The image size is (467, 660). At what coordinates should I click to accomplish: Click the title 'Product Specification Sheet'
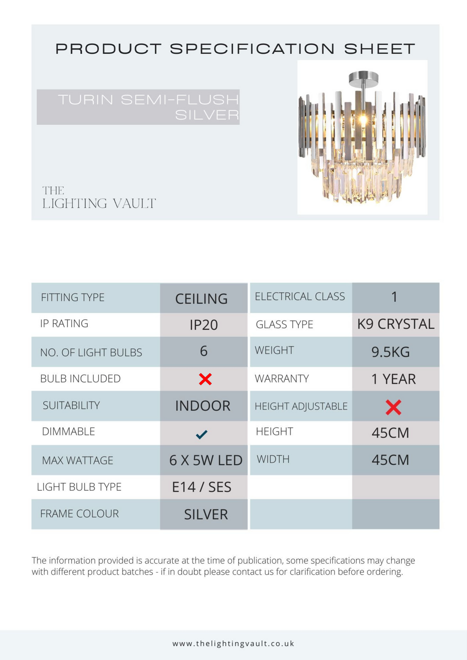235,49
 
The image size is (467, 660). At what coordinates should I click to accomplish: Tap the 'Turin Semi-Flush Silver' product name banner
138,107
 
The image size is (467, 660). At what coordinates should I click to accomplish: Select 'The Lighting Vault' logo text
99,198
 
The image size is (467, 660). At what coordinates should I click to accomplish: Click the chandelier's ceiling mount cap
363,78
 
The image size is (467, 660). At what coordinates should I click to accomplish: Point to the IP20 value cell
204,325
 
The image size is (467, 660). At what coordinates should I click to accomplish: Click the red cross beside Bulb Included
205,379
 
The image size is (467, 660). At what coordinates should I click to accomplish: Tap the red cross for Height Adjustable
393,407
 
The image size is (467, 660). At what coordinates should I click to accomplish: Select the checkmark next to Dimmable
202,434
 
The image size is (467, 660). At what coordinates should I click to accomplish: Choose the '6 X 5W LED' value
205,460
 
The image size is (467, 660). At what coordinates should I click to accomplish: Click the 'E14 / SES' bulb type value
202,487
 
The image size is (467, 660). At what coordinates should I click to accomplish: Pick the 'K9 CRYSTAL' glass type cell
396,324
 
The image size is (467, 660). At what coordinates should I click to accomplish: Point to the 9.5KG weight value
390,352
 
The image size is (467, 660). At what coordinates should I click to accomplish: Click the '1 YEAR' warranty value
393,379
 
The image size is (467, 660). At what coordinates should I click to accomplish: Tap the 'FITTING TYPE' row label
73,298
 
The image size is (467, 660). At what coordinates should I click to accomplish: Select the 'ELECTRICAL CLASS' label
300,297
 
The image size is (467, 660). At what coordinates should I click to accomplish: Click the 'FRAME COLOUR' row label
79,514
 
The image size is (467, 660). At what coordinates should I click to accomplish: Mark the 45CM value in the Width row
390,460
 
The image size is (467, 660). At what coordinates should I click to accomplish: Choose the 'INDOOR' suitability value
203,406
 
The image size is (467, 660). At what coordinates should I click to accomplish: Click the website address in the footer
233,644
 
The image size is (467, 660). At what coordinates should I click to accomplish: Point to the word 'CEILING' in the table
202,299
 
